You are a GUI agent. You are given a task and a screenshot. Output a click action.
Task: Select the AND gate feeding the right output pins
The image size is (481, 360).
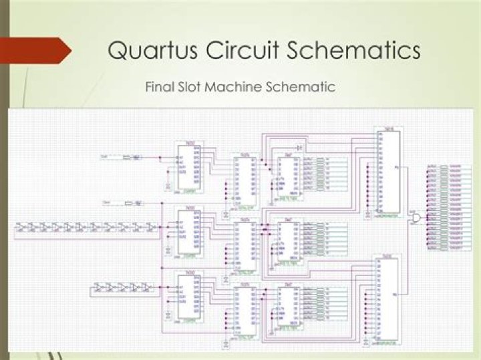click(x=417, y=218)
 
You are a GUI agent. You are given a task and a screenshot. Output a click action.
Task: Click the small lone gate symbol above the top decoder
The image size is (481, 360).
click(x=300, y=146)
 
